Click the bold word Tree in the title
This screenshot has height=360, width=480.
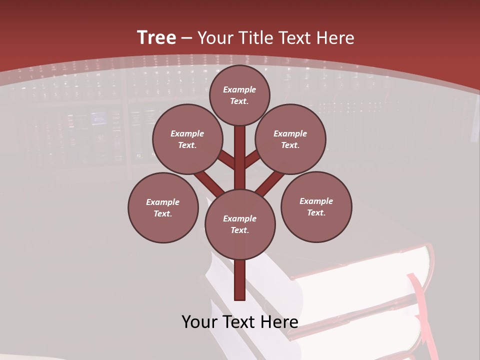click(156, 37)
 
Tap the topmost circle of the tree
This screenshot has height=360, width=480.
click(239, 95)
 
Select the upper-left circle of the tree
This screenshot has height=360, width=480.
click(187, 139)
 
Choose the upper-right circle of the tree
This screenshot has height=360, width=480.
click(290, 139)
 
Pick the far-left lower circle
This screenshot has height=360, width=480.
click(163, 207)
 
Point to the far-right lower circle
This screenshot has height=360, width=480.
click(316, 206)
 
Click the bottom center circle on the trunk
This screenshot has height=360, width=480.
click(240, 224)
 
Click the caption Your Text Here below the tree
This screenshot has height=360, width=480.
click(240, 322)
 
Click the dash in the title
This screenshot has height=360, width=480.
click(186, 38)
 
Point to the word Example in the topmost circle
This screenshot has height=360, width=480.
click(239, 89)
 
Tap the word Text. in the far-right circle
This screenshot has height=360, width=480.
click(316, 212)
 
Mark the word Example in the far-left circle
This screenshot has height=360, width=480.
click(163, 202)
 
